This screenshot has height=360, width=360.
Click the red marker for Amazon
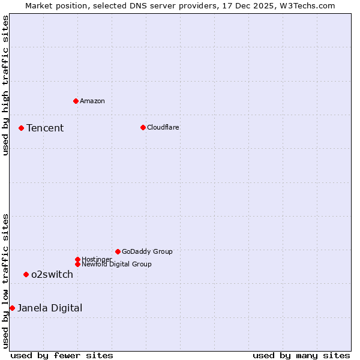click(76, 101)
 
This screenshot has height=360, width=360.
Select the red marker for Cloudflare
click(143, 127)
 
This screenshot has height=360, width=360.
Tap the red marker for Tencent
click(21, 128)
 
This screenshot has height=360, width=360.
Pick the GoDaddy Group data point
click(118, 251)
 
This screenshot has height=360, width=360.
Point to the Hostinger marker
click(77, 259)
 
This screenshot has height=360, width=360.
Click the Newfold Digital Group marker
click(77, 264)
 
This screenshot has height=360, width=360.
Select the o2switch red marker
click(26, 274)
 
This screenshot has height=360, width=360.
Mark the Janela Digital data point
click(12, 308)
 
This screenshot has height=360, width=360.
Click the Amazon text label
click(92, 101)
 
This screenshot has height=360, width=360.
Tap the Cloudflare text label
click(163, 127)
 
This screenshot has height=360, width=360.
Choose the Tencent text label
click(45, 128)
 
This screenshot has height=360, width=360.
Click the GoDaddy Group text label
click(147, 251)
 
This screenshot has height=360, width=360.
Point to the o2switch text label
click(52, 274)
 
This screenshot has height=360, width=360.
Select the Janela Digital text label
click(50, 308)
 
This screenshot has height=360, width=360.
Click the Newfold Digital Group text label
click(116, 264)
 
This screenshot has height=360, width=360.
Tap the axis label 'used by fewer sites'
click(62, 355)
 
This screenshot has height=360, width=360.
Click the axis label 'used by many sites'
click(301, 355)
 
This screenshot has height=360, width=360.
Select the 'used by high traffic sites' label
click(5, 85)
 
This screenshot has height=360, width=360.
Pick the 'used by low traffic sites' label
click(5, 280)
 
